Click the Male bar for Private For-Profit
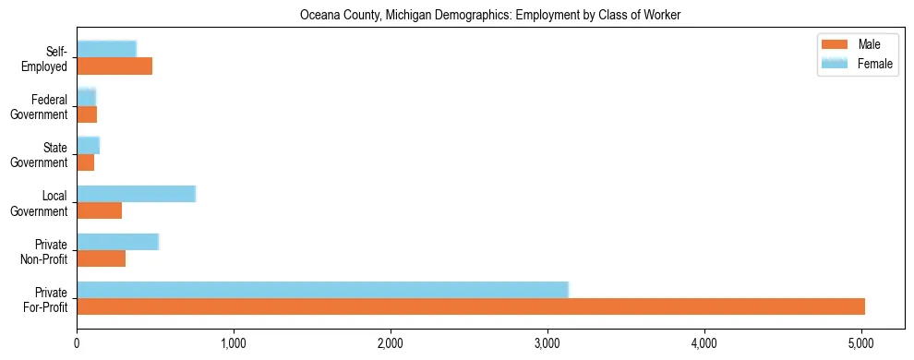pos(471,306)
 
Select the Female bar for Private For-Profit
pos(322,290)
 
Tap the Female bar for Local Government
pos(136,194)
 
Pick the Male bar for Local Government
pos(99,210)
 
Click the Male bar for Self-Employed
pos(114,66)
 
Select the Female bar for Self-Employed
pos(106,50)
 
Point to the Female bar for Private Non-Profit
pos(117,242)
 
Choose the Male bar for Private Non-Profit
pos(101,258)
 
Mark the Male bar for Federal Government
pos(87,114)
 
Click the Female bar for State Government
pos(88,146)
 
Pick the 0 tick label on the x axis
pos(77,343)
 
